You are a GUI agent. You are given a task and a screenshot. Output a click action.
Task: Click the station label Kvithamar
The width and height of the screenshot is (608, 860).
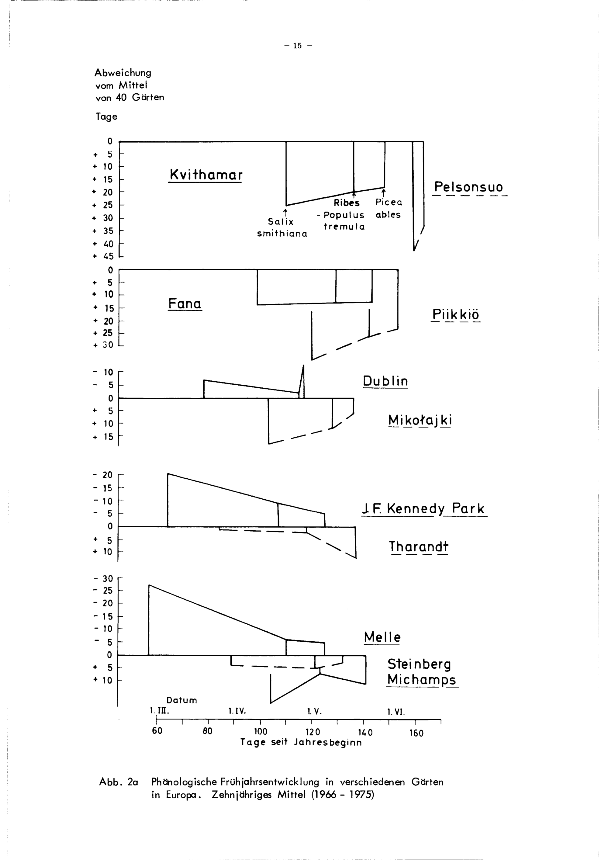206,175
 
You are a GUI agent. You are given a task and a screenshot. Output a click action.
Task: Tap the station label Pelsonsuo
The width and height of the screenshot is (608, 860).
468,187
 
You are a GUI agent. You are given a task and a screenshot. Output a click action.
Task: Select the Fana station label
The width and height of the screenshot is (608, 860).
185,303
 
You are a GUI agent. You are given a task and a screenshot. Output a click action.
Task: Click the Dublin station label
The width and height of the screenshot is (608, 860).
385,381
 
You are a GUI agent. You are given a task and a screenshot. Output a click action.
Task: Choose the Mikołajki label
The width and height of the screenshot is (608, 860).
420,420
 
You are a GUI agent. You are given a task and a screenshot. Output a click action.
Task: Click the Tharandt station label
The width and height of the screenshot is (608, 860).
418,546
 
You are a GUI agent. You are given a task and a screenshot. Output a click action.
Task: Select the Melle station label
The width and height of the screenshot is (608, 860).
382,637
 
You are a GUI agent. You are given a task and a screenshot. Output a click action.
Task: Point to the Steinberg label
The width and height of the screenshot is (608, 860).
419,664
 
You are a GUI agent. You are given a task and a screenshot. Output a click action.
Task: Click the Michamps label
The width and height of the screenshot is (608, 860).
422,679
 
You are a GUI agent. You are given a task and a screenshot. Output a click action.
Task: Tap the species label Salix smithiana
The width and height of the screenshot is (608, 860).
282,228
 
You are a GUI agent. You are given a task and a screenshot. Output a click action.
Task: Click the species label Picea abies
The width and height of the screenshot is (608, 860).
389,209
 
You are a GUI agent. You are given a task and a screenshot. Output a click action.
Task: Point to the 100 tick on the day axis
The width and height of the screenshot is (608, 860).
261,732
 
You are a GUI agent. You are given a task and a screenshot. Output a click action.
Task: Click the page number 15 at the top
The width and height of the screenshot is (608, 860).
298,46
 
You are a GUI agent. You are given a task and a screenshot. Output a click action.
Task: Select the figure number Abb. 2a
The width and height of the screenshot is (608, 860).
118,782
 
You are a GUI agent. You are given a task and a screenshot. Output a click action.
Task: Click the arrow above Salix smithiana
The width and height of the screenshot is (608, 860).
285,212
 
